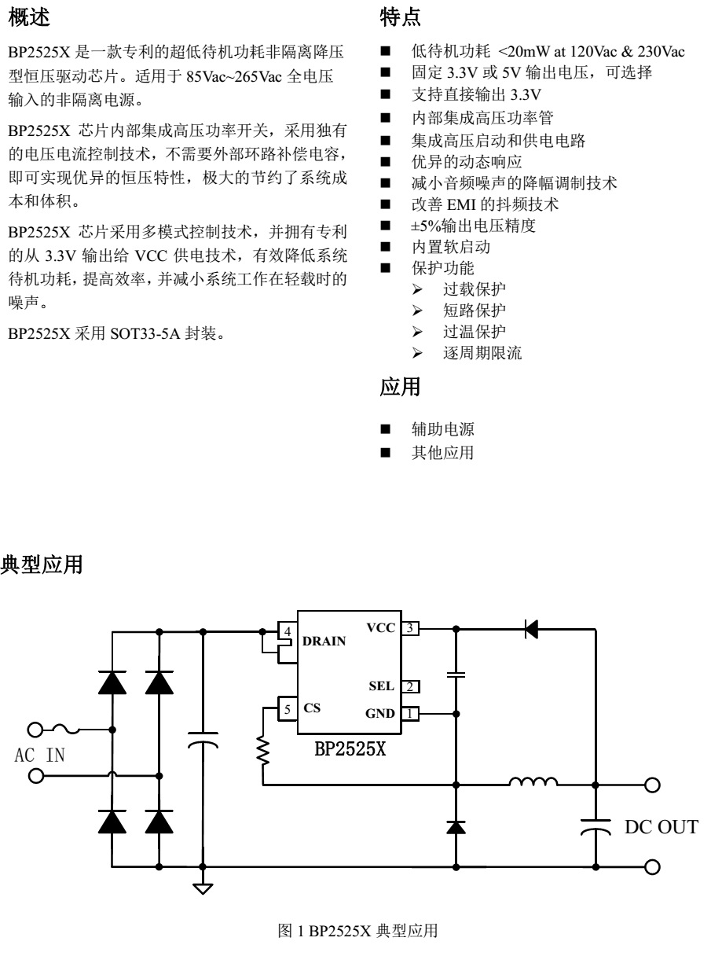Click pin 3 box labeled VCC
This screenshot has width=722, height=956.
[410, 628]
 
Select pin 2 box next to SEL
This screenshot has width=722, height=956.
[410, 686]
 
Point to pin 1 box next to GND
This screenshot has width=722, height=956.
[410, 713]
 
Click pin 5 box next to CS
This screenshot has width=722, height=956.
[288, 708]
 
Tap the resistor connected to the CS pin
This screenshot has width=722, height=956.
[262, 753]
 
